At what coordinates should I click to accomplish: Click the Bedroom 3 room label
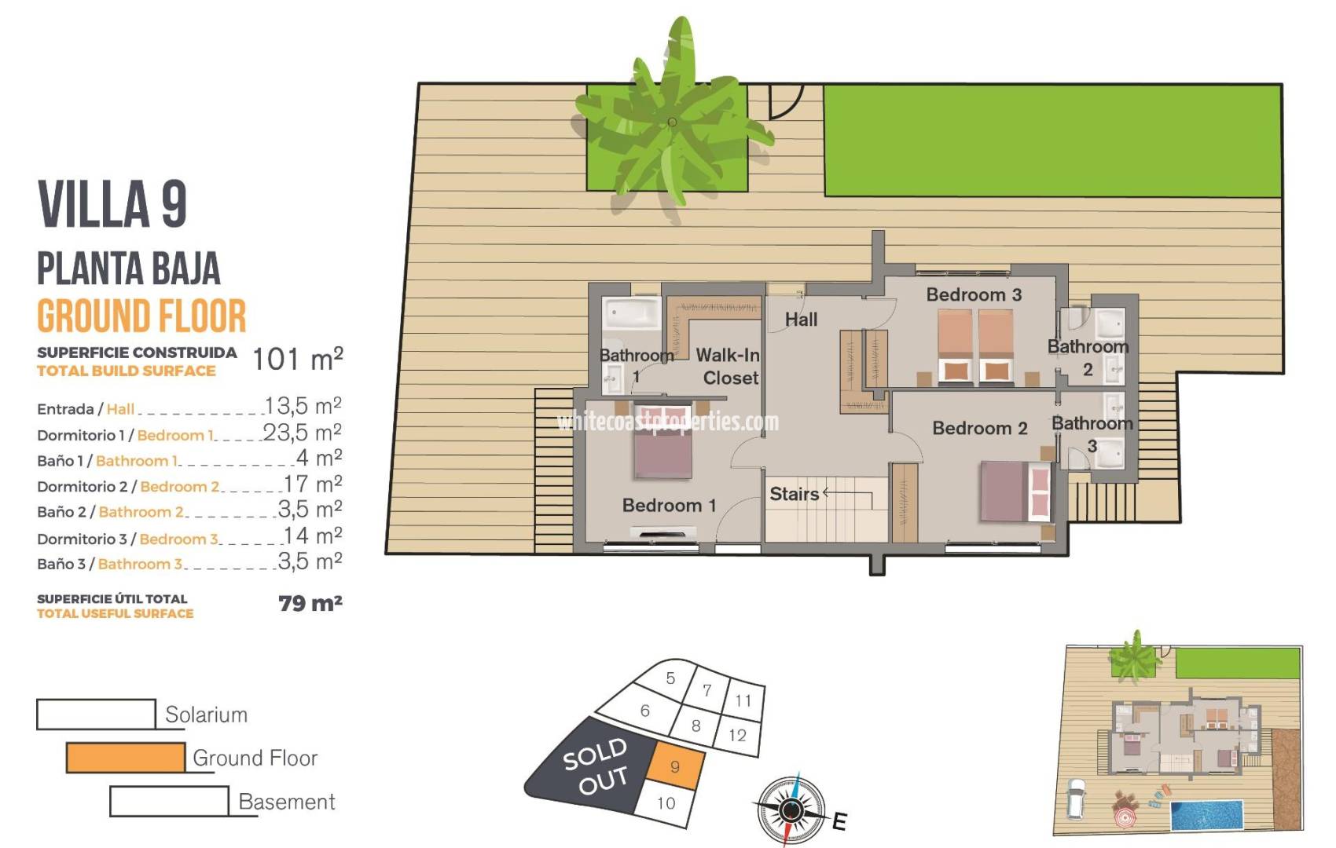pyautogui.click(x=973, y=295)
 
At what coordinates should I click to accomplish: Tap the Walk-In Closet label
pyautogui.click(x=728, y=367)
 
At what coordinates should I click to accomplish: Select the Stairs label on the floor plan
pyautogui.click(x=794, y=494)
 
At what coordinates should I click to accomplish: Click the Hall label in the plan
pyautogui.click(x=801, y=320)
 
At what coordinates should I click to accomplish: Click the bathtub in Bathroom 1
pyautogui.click(x=631, y=313)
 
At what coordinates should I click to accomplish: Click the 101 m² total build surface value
pyautogui.click(x=297, y=360)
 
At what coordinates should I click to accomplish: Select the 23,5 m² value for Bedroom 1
pyautogui.click(x=302, y=433)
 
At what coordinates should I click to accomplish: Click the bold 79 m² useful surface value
pyautogui.click(x=310, y=603)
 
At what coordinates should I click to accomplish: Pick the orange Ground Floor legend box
pyautogui.click(x=126, y=758)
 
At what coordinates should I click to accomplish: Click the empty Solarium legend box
pyautogui.click(x=96, y=714)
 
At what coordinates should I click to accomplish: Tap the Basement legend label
pyautogui.click(x=286, y=802)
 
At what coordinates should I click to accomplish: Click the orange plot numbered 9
pyautogui.click(x=674, y=767)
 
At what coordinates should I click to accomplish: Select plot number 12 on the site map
pyautogui.click(x=737, y=735)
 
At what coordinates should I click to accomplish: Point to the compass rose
pyautogui.click(x=791, y=809)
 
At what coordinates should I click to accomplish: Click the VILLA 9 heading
pyautogui.click(x=112, y=204)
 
